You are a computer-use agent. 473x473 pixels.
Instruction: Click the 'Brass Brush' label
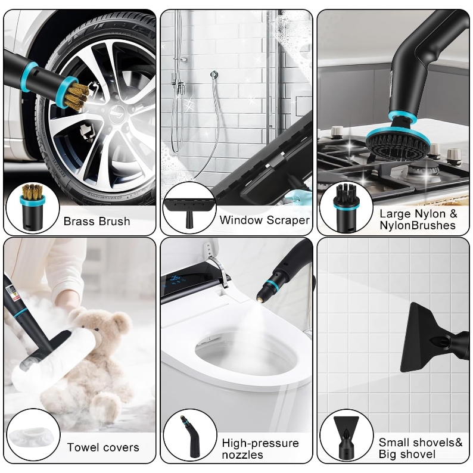pos(97,221)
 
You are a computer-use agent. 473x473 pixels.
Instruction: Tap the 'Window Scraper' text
pos(264,220)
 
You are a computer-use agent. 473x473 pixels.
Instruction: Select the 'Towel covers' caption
pos(103,447)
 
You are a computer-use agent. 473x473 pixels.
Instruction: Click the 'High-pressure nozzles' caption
pos(260,449)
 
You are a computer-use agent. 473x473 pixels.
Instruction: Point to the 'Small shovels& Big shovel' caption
pos(421,448)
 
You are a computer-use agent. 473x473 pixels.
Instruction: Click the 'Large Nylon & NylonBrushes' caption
pos(418,219)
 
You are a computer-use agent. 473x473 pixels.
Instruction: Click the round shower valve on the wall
pos(214,74)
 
